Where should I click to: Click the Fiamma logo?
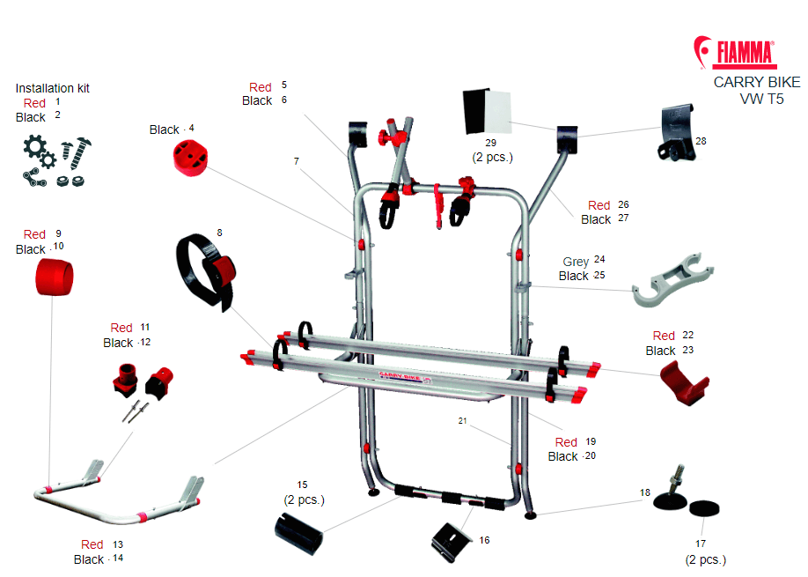coord(735,53)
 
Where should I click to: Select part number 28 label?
coord(701,140)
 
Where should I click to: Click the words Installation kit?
coord(53,88)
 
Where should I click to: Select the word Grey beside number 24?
coord(576,262)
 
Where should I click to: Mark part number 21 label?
coord(462,421)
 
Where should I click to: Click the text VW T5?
coord(761,99)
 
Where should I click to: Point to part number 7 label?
coord(297,161)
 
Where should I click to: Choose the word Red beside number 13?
coord(92,544)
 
